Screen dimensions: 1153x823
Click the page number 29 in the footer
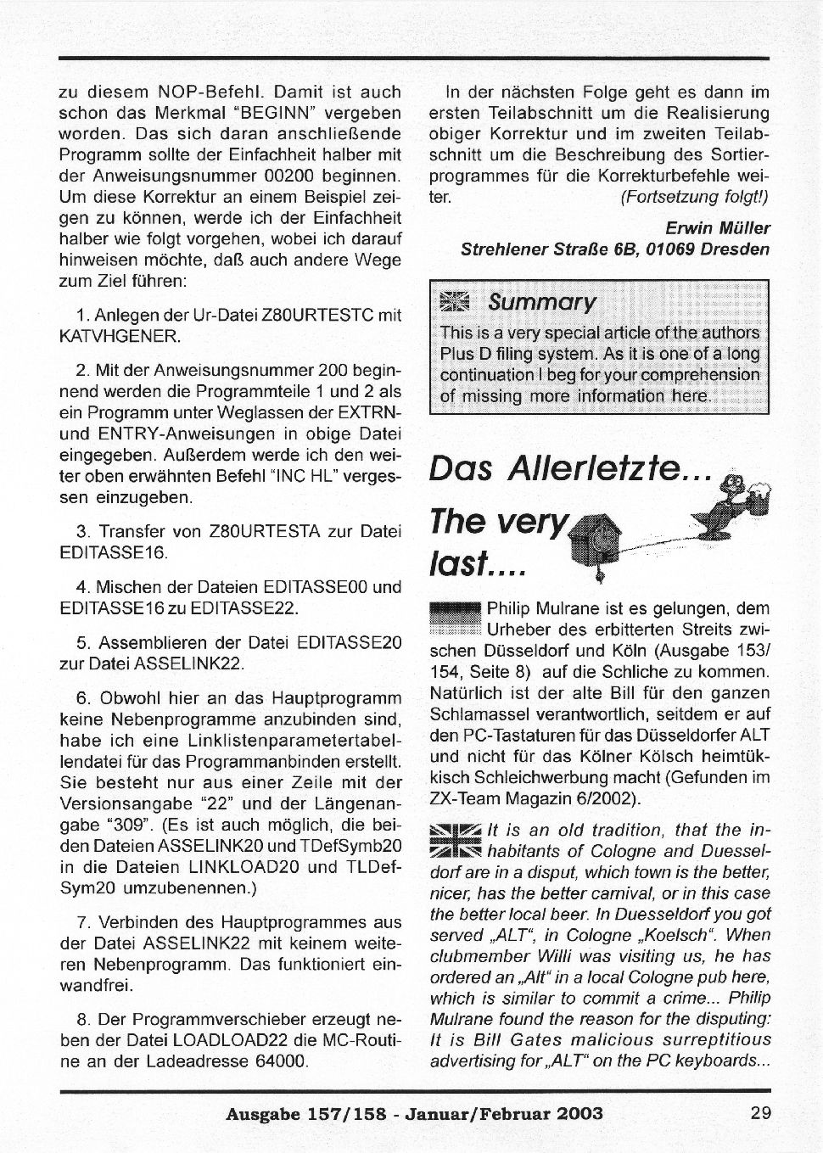pos(760,1113)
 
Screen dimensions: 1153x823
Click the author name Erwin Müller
pos(717,227)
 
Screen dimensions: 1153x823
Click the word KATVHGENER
pos(120,336)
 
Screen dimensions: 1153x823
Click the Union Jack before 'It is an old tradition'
pos(456,841)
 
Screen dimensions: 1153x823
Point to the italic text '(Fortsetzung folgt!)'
pos(694,197)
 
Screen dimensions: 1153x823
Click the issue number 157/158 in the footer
pos(356,1113)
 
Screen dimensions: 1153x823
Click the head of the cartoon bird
pos(732,487)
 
